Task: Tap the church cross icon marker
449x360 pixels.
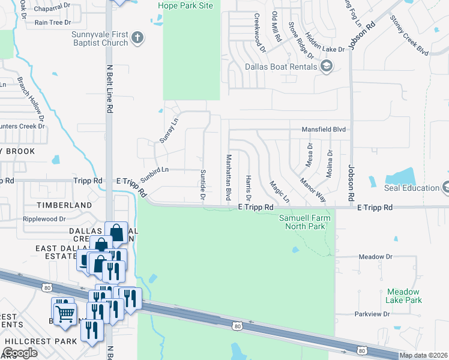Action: (x=137, y=38)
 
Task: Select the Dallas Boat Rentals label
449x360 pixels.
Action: (x=281, y=67)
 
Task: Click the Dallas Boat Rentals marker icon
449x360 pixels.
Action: (x=327, y=66)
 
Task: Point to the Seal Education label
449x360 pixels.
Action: (x=412, y=188)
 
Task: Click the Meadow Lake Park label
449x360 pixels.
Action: (x=404, y=296)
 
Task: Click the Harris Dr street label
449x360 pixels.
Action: (x=248, y=188)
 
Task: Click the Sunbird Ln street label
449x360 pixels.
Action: (x=154, y=172)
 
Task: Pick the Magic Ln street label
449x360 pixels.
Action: (x=279, y=191)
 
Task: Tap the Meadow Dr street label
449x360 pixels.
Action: (x=375, y=257)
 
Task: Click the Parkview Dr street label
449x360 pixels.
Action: (x=372, y=314)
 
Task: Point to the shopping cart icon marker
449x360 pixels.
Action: (x=64, y=312)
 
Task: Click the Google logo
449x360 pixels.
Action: (x=20, y=353)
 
